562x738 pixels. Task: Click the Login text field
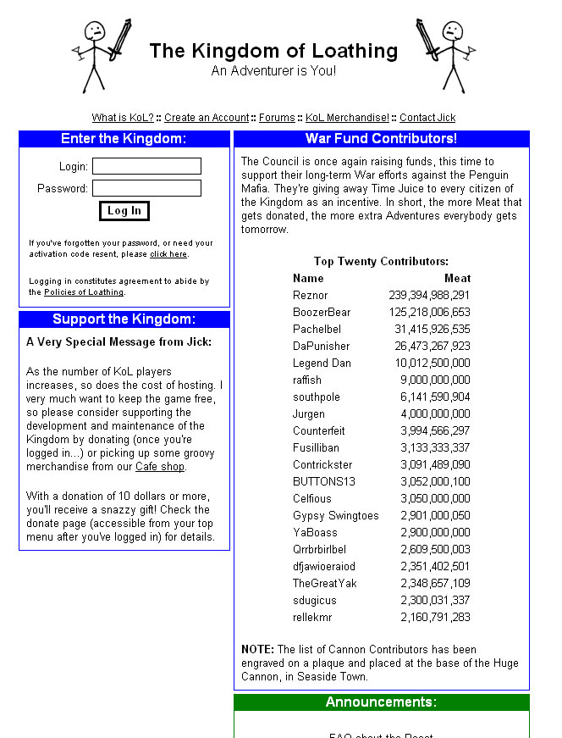[146, 166]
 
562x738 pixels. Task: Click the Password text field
[146, 188]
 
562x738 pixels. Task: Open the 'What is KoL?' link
[123, 118]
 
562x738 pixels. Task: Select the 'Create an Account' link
[207, 118]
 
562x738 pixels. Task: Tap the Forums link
[277, 118]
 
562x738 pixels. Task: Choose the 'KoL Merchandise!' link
[347, 118]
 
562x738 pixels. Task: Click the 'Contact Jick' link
[427, 118]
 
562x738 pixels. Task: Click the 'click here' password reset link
[168, 254]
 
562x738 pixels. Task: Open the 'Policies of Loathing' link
[84, 292]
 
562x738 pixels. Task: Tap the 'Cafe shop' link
[160, 467]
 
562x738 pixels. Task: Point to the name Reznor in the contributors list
[311, 296]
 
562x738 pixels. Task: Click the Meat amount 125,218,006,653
[429, 313]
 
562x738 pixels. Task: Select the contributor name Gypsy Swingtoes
[336, 516]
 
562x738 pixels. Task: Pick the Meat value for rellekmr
[435, 618]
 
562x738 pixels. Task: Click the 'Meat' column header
[457, 278]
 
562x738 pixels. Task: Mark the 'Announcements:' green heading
[381, 702]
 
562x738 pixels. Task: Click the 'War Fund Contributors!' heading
[381, 139]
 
